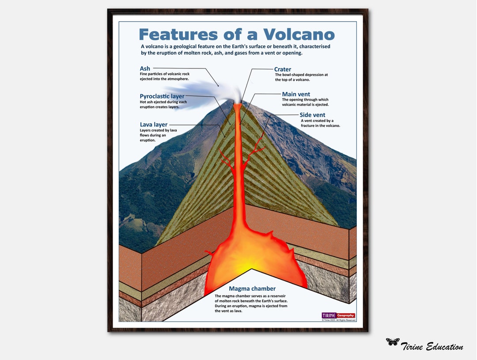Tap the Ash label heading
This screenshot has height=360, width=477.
145,68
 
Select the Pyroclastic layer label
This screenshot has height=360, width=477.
162,96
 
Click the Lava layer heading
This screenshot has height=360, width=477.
154,125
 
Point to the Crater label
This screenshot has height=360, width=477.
283,69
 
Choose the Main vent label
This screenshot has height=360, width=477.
296,94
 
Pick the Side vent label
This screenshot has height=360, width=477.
312,115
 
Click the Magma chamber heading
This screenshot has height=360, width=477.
252,289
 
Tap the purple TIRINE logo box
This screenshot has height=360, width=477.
329,315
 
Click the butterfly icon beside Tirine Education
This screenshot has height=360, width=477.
392,341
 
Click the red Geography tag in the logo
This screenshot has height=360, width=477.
346,315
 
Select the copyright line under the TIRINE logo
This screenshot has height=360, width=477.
338,320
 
